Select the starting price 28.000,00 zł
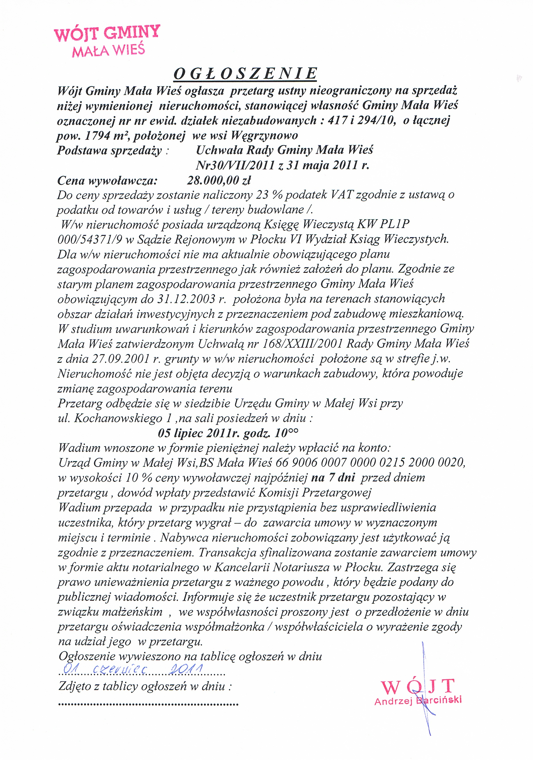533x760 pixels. point(219,180)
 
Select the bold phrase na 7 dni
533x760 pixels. point(333,478)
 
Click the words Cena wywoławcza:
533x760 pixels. point(107,180)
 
